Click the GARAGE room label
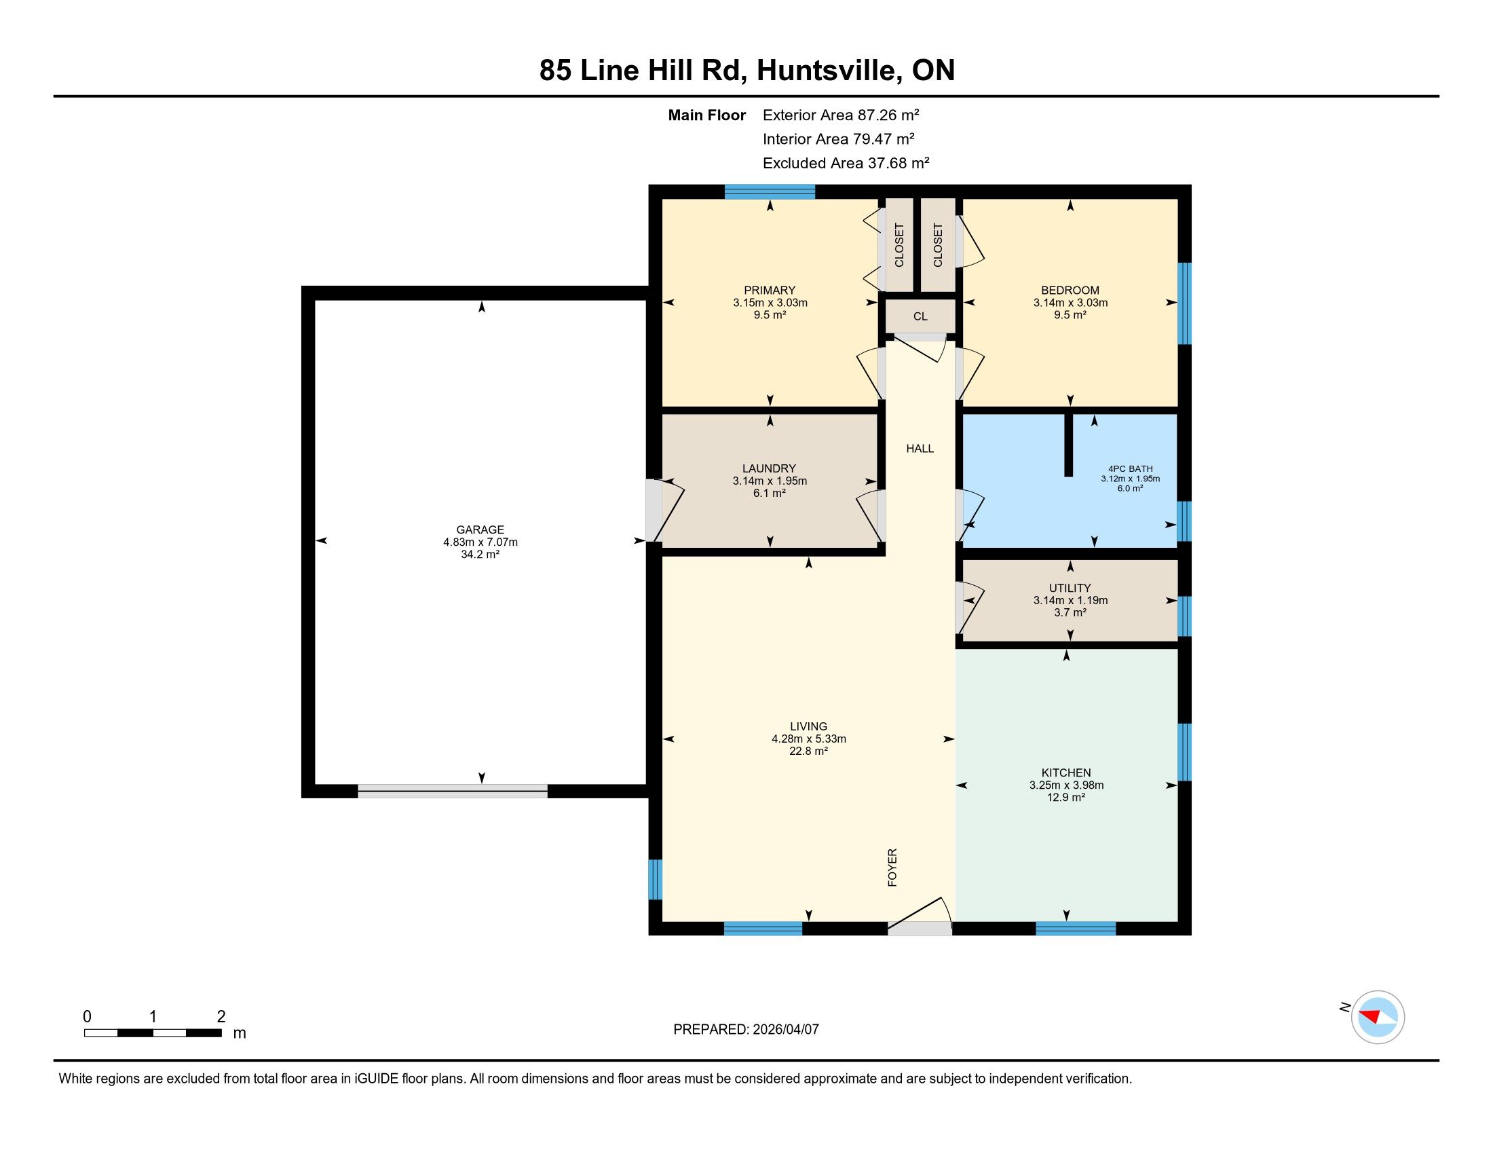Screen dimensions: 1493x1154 point(480,529)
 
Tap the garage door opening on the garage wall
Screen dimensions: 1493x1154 point(453,791)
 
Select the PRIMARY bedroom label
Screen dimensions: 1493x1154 point(770,290)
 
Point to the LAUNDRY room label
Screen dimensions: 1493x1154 point(769,468)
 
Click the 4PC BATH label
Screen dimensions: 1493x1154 point(1130,469)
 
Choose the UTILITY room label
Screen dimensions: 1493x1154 point(1070,588)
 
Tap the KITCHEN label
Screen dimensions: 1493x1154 point(1065,773)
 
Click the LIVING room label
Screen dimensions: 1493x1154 point(809,726)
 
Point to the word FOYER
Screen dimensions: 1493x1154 point(892,868)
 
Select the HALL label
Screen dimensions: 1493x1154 point(920,449)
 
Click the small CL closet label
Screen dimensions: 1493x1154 point(920,316)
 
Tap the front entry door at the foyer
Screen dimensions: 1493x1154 point(920,916)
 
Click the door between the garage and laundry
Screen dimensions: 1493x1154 point(664,510)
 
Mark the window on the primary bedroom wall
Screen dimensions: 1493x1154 point(770,192)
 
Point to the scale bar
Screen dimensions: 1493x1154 point(153,1032)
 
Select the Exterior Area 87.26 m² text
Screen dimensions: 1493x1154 point(841,115)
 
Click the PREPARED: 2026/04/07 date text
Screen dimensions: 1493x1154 point(746,1029)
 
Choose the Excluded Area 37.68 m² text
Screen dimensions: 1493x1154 point(846,163)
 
